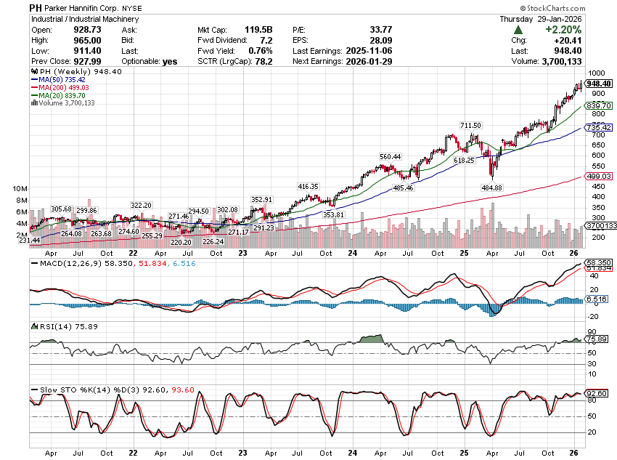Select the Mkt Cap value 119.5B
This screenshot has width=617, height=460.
click(258, 30)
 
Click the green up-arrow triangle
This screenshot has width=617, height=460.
click(518, 30)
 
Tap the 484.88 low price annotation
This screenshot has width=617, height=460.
click(492, 187)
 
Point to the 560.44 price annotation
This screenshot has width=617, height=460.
click(390, 156)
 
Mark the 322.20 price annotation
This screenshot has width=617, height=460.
click(141, 205)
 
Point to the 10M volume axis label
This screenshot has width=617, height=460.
click(20, 188)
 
